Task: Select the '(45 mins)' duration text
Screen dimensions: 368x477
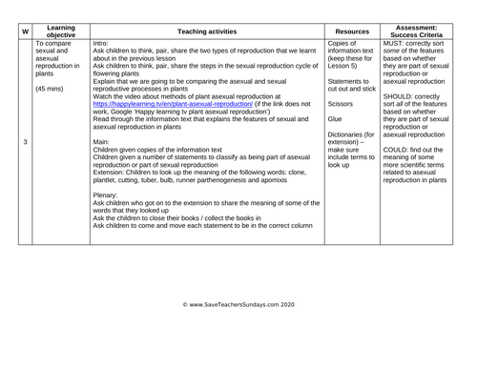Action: click(52, 90)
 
